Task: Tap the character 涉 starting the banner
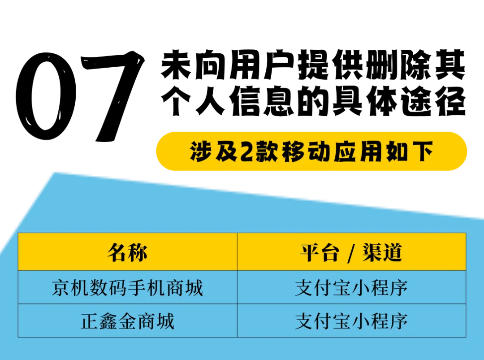(200, 152)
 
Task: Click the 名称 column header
(127, 252)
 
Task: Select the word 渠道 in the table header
(382, 252)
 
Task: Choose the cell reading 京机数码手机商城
(127, 287)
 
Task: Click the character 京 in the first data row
(60, 287)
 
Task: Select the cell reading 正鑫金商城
(127, 321)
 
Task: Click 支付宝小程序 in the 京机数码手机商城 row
(351, 287)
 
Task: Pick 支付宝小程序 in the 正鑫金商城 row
(351, 321)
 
